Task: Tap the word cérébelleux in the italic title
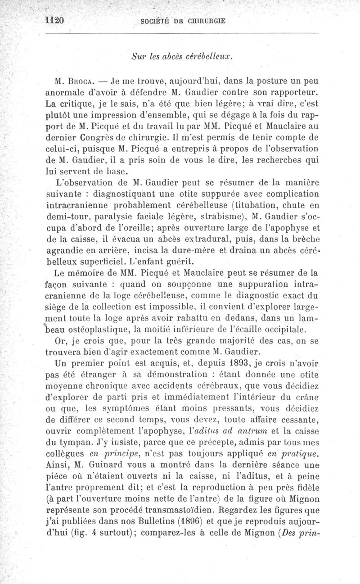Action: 211,57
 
